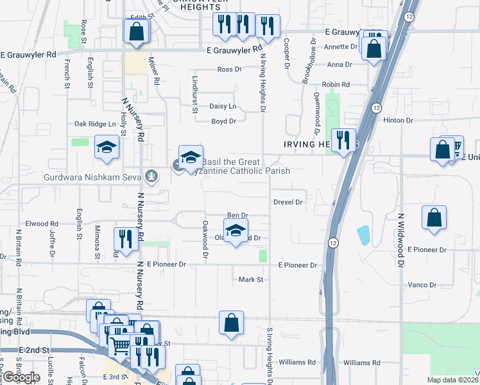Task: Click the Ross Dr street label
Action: [x=229, y=69]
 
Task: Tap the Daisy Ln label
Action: [x=223, y=106]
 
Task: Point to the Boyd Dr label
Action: [x=224, y=121]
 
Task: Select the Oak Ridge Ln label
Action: [x=95, y=124]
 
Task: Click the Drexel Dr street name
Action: [x=287, y=202]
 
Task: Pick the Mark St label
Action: [x=251, y=280]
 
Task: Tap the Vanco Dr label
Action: [x=422, y=285]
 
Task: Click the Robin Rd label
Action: [x=336, y=85]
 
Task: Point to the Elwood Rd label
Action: [x=42, y=224]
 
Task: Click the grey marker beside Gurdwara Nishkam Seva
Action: [x=151, y=175]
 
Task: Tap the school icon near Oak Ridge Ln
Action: [x=107, y=148]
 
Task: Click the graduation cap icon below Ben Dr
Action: [x=236, y=230]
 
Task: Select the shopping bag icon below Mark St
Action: [x=231, y=323]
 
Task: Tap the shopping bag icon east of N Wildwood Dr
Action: [x=434, y=217]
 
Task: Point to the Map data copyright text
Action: [x=453, y=380]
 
